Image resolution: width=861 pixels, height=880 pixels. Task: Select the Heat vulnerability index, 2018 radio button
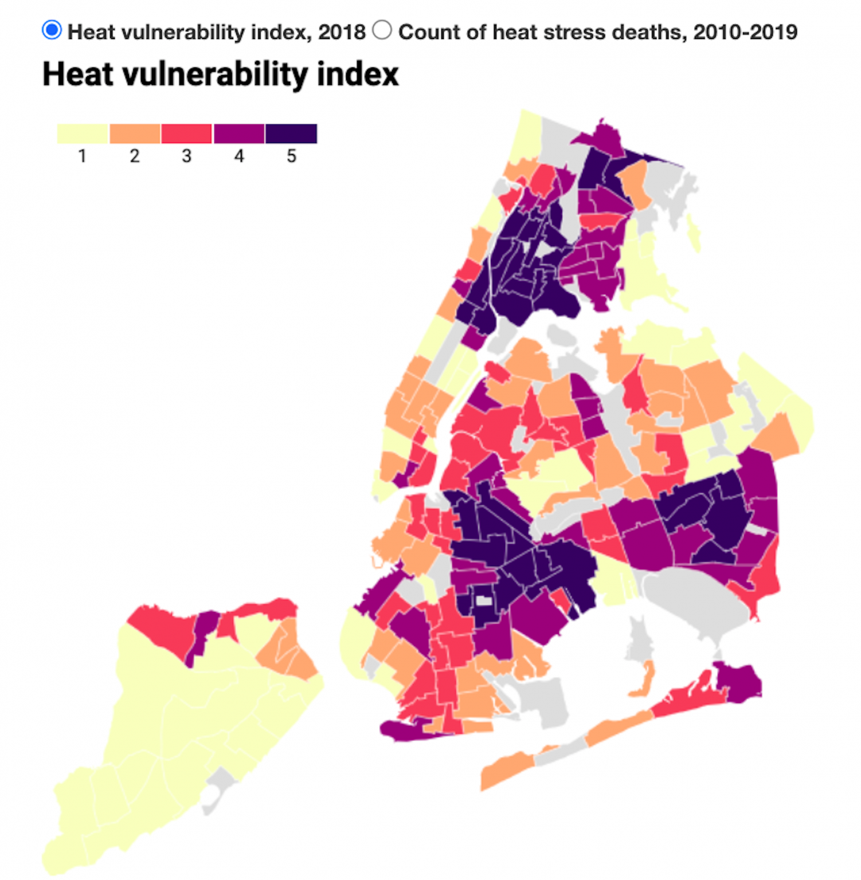pos(52,30)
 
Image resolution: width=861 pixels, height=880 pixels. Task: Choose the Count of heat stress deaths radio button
pos(382,30)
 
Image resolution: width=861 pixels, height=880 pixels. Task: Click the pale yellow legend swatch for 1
pos(83,133)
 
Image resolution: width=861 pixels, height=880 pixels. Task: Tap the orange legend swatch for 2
pos(135,133)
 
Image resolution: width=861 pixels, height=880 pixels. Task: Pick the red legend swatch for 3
pos(187,133)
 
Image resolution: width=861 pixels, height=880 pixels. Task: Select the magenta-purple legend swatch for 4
pos(239,133)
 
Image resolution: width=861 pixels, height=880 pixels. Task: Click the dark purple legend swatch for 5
pos(291,133)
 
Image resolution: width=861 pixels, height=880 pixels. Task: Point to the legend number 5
pos(291,156)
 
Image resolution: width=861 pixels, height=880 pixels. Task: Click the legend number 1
pos(83,156)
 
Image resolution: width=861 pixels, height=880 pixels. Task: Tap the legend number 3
pos(187,156)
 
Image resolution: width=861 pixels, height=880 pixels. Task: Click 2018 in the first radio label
pos(342,32)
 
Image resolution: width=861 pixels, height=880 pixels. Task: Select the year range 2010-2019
pos(745,32)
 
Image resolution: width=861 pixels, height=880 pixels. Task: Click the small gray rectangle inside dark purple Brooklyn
pos(484,600)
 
